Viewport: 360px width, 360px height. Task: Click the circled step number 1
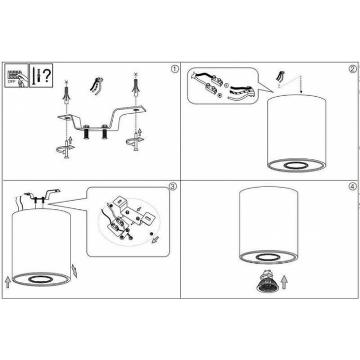pos(175,69)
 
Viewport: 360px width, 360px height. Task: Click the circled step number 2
pos(353,69)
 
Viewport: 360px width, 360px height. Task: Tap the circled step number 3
pos(173,186)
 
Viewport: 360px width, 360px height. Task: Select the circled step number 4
pos(353,186)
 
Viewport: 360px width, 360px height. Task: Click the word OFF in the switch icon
pos(11,81)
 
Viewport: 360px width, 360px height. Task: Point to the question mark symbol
pos(47,76)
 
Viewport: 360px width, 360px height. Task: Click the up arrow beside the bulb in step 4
pos(284,282)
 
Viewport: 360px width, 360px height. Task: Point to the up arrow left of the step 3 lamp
pos(8,282)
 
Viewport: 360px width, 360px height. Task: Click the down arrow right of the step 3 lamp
pos(75,271)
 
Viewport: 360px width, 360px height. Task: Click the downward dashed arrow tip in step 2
pos(301,93)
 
